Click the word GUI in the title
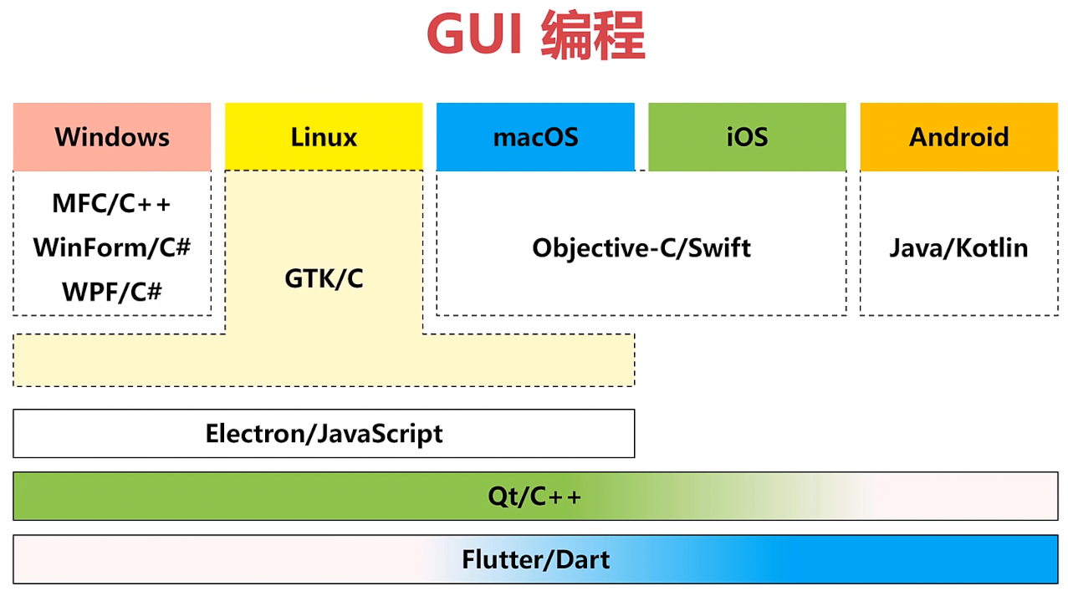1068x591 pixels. click(475, 35)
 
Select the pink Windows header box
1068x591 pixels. click(112, 137)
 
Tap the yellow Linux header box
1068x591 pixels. click(324, 137)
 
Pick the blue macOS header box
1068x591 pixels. click(535, 137)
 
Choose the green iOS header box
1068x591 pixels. click(747, 137)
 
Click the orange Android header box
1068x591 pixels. click(958, 137)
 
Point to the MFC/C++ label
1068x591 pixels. click(112, 203)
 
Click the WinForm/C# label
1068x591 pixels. click(112, 247)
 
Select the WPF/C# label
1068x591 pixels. click(112, 292)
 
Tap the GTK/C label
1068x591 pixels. click(324, 278)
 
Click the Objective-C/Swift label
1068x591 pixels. click(641, 247)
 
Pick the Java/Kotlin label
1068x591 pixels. click(958, 247)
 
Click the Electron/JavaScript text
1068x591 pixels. click(324, 434)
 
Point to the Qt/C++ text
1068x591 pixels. click(534, 497)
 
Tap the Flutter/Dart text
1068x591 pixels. click(535, 559)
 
